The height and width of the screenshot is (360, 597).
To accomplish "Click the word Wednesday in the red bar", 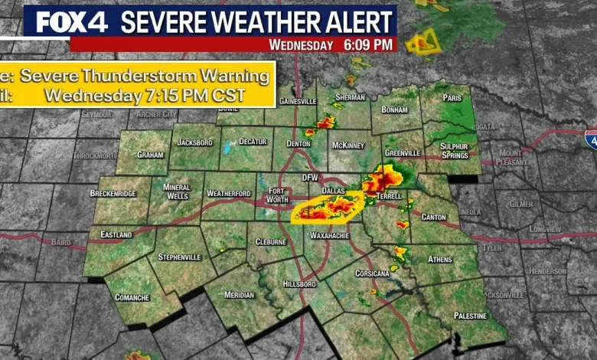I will tap(302, 44).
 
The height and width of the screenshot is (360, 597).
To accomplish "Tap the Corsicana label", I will tap(373, 273).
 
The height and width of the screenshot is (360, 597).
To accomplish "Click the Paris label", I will tap(452, 97).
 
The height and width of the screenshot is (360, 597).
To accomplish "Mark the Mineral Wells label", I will tap(178, 191).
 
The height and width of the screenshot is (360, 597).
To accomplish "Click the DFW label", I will tap(310, 177).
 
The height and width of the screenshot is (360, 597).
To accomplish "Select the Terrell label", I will tap(389, 197).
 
